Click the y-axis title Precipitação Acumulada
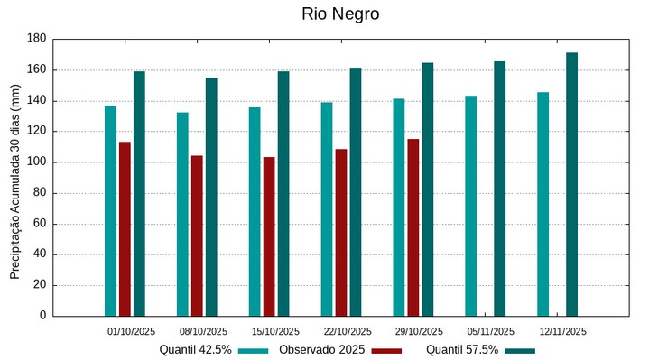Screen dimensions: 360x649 [14, 178]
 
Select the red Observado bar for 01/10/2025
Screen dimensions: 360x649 [125, 228]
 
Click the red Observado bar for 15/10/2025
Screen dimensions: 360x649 [269, 236]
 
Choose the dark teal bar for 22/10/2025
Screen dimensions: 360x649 [356, 191]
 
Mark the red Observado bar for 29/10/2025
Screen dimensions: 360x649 [413, 227]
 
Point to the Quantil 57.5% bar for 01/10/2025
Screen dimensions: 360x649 [139, 193]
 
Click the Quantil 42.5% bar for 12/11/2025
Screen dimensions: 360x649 [542, 204]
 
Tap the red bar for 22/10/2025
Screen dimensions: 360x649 [341, 232]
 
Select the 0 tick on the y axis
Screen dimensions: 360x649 [42, 316]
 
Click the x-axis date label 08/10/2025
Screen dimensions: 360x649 [203, 331]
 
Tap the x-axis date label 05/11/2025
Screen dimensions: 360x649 [491, 331]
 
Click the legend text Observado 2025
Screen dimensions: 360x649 [321, 350]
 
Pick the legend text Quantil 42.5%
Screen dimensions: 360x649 [196, 350]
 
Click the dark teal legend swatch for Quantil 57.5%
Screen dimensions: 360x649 [520, 351]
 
